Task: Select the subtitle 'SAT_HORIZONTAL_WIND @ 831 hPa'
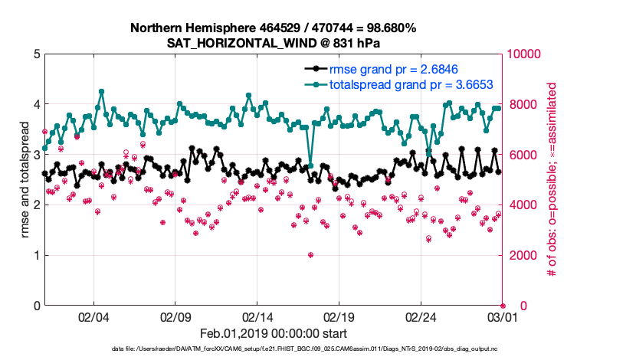[273, 43]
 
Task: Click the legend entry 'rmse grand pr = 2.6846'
[388, 70]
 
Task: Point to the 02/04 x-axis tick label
[93, 316]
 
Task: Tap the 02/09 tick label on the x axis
[175, 316]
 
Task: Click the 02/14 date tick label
[257, 316]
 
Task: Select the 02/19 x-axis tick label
[339, 316]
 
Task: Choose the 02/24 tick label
[421, 316]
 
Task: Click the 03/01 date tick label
[503, 316]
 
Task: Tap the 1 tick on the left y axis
[37, 256]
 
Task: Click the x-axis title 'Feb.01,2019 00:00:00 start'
[273, 333]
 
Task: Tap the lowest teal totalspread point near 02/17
[310, 165]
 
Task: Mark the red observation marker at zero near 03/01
[503, 306]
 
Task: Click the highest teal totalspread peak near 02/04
[101, 91]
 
